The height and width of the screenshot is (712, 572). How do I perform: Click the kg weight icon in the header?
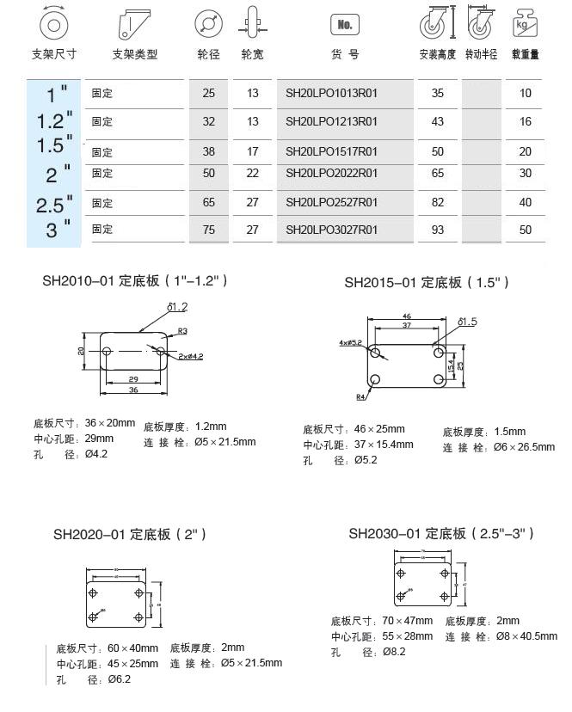[525, 22]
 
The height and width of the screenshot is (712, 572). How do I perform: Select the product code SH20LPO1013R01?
[332, 93]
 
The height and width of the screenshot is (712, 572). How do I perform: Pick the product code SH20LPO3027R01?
[332, 230]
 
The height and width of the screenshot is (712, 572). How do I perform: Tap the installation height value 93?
[438, 230]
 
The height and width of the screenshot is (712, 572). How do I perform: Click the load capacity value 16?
[526, 122]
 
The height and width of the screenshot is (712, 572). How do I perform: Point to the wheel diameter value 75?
[209, 230]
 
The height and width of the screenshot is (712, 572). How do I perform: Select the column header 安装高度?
[437, 54]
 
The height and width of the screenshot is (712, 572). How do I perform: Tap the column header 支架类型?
[135, 54]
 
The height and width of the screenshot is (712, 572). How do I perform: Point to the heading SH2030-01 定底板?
[441, 533]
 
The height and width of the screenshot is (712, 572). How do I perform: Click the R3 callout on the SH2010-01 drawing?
[182, 331]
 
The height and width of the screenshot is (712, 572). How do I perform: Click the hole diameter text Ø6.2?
[119, 679]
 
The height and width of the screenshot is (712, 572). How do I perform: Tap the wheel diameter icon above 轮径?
[206, 23]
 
